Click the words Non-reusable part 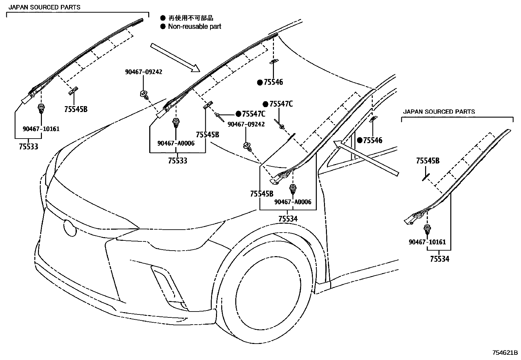[x=194, y=27]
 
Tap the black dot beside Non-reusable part [x=163, y=27]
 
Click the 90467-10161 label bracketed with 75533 [x=41, y=129]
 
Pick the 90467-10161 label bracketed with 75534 [x=427, y=242]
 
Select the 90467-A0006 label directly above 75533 [x=176, y=143]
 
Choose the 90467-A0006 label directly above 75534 [x=293, y=202]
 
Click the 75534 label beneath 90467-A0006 [x=288, y=218]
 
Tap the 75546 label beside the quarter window [x=372, y=141]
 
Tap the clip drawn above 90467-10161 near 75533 [x=41, y=108]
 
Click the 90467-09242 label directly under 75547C [x=246, y=124]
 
